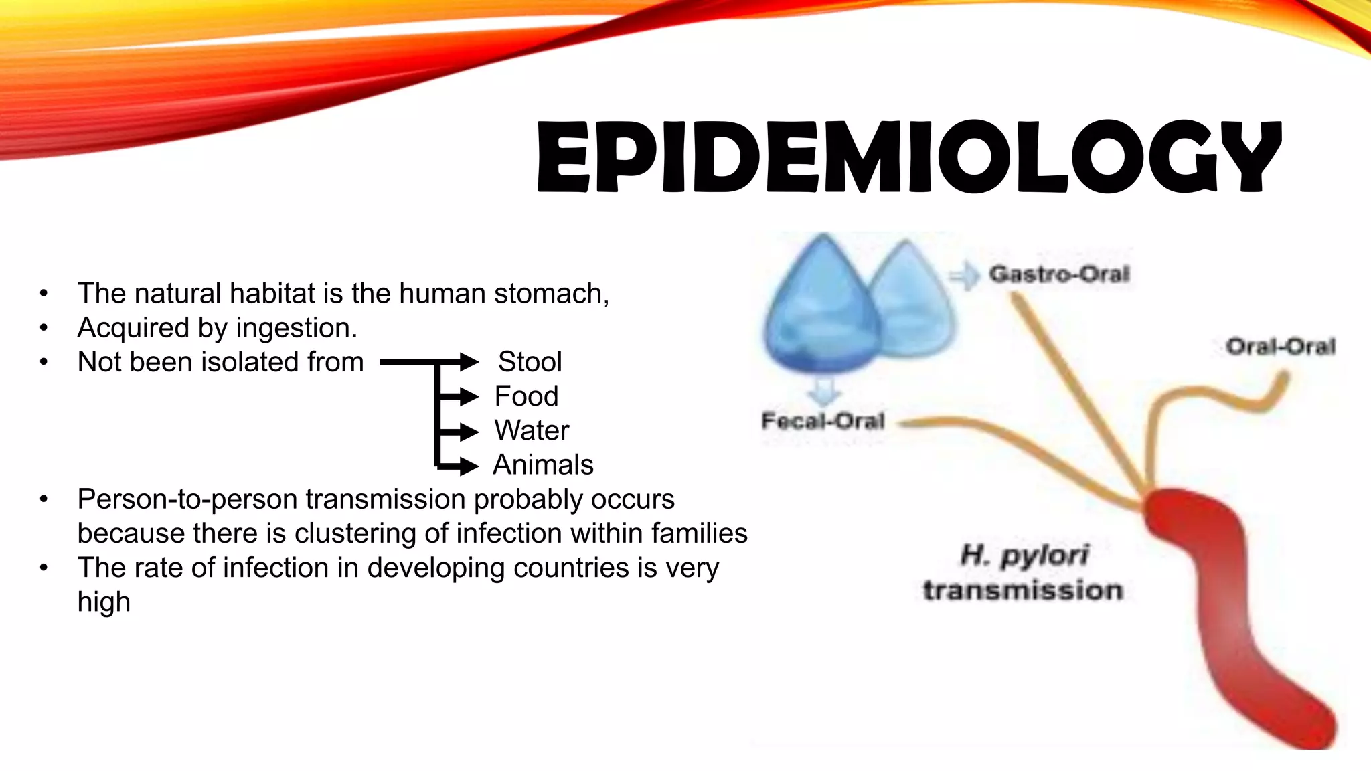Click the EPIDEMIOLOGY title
coord(908,157)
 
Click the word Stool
coord(530,362)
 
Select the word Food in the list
coord(526,396)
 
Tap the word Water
coord(532,430)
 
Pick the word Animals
coord(543,465)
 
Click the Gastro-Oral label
coord(1059,274)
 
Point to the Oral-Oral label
coord(1280,347)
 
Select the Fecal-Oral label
coord(823,421)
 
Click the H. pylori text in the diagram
coord(1024,555)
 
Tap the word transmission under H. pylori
coord(1023,590)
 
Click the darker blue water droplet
coord(820,308)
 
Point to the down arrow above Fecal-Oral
coord(824,391)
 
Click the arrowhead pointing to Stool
coord(469,362)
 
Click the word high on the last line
coord(104,602)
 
